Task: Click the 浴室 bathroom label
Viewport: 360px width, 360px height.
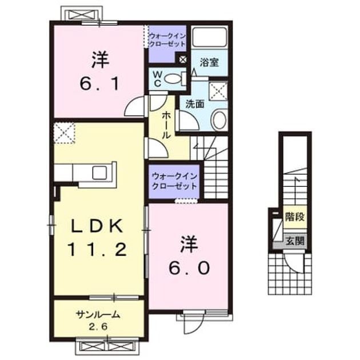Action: (209, 62)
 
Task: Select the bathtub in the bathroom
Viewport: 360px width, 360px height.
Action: (209, 37)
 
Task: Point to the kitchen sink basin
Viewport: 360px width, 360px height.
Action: (99, 173)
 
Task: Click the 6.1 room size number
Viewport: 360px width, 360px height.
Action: (99, 84)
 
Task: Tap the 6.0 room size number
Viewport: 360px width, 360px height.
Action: (189, 268)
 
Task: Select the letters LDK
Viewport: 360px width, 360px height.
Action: (97, 226)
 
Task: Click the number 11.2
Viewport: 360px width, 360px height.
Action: (97, 250)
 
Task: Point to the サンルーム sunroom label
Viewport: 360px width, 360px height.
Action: (98, 314)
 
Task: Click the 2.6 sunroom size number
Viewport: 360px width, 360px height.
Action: (98, 326)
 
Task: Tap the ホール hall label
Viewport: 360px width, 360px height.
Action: (166, 125)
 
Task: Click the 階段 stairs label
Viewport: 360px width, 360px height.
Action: (295, 217)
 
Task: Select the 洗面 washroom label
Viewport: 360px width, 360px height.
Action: (195, 105)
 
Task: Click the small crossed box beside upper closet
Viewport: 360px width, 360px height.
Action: (183, 59)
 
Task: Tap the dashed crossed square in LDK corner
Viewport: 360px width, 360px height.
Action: (64, 133)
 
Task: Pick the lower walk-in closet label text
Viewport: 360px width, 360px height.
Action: (174, 181)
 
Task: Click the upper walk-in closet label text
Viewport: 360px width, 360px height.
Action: (167, 40)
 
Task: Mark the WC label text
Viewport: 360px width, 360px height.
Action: (157, 79)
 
